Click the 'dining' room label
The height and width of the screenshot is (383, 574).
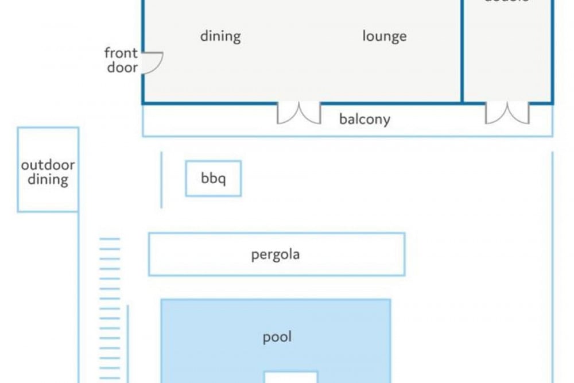(x=220, y=36)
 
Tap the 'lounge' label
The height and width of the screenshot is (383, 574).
(x=385, y=36)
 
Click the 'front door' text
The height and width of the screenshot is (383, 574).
(x=122, y=60)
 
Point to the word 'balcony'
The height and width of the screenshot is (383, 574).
(x=364, y=119)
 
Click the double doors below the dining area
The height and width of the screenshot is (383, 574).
(x=298, y=113)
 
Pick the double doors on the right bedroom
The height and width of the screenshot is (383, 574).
(x=507, y=113)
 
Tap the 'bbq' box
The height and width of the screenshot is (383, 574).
(x=213, y=179)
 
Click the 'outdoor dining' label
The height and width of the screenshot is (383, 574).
(x=48, y=172)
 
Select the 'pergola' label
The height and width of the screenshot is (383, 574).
(x=276, y=254)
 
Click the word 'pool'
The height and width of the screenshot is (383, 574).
(x=277, y=336)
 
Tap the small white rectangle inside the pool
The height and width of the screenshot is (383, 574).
(x=290, y=377)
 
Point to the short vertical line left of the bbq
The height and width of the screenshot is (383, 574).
(x=161, y=180)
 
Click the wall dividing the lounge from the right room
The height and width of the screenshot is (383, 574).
(x=463, y=52)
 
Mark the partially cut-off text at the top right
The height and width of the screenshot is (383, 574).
(x=506, y=2)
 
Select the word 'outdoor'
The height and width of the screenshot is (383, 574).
(x=48, y=165)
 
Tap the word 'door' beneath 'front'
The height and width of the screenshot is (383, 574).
(x=122, y=68)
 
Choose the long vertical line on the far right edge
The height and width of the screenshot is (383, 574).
(x=552, y=264)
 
